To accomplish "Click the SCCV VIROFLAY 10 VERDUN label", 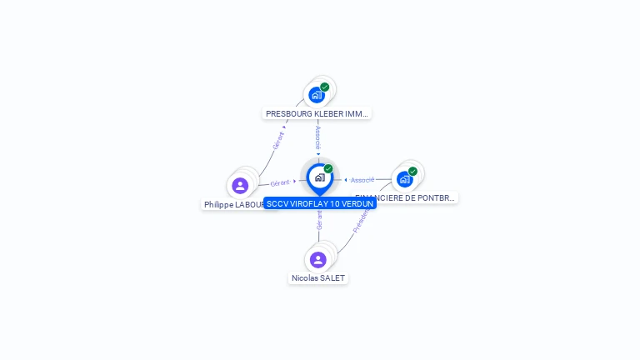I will tap(320, 203).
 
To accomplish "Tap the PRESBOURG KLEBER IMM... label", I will tap(317, 113).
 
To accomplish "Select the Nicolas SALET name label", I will tap(317, 277).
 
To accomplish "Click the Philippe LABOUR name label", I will tap(233, 204).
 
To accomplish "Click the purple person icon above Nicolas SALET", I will tap(317, 259).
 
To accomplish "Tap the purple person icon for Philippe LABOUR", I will tap(240, 185).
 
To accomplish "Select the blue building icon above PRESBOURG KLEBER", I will tap(316, 94).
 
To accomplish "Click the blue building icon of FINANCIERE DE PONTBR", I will tap(404, 178).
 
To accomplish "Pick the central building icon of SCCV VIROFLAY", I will tap(319, 177).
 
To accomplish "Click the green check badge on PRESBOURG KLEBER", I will tap(325, 87).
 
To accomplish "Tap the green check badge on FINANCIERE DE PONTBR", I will tap(412, 171).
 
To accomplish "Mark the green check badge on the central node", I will tap(328, 168).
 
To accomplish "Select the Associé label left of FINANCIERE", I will tap(362, 179).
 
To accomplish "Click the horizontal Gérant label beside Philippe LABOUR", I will tap(280, 182).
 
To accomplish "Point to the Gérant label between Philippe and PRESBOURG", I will tap(278, 140).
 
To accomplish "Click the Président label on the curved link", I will tap(360, 219).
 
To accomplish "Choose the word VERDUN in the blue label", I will tap(357, 203).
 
